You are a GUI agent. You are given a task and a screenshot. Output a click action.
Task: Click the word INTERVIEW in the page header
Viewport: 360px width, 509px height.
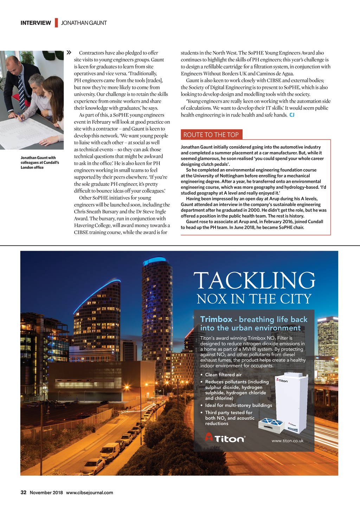pos(36,23)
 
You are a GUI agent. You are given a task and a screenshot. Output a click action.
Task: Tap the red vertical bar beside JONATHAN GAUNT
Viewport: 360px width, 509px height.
pos(56,23)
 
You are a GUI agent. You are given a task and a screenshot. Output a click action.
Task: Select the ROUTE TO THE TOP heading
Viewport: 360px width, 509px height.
pos(211,135)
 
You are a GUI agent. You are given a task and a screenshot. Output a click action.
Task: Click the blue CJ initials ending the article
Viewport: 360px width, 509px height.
pos(292,115)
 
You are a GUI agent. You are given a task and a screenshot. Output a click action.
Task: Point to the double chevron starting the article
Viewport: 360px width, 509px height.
pos(69,53)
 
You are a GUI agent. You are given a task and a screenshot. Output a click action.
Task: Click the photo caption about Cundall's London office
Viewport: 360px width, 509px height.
pos(40,162)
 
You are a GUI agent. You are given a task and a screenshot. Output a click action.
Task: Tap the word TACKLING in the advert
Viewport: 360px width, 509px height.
pos(254,281)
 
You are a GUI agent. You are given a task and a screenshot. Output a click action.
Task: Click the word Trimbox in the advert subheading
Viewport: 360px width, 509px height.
pos(216,319)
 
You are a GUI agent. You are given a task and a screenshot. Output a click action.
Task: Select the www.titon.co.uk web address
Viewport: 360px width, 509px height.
pos(287,440)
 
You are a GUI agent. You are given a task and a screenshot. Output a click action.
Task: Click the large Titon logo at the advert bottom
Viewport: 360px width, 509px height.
pos(225,438)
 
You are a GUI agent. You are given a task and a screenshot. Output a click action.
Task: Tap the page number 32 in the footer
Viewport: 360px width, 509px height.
pos(24,492)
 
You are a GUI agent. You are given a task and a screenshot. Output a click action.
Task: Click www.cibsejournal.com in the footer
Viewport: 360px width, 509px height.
pos(90,492)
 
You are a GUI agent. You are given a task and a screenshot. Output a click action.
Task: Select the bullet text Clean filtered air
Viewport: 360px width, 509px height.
pos(223,375)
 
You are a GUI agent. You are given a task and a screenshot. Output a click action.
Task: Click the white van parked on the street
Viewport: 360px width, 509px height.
pos(110,451)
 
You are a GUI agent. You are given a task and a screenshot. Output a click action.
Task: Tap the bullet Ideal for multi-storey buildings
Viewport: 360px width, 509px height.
pos(238,405)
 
